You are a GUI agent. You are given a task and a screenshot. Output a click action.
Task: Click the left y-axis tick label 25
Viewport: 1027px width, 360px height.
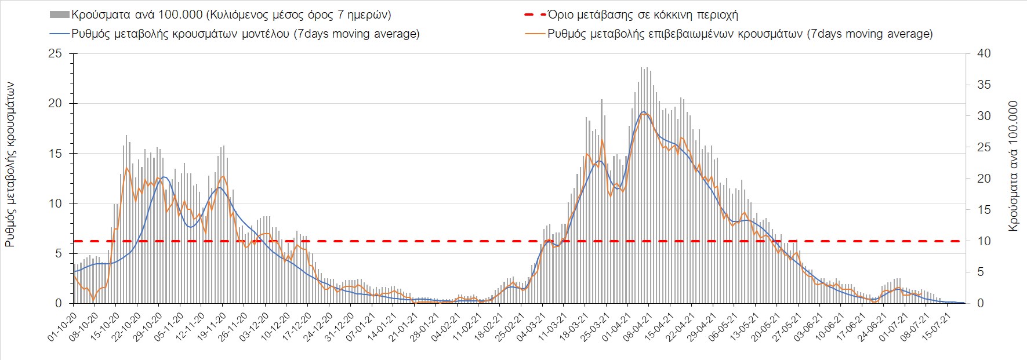click(55, 53)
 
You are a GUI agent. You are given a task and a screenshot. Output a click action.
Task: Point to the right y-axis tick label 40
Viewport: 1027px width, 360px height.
click(984, 53)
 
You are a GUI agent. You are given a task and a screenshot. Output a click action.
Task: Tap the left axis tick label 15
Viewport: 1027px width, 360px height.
click(55, 154)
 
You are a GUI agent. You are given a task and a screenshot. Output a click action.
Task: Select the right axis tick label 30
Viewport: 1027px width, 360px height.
click(984, 116)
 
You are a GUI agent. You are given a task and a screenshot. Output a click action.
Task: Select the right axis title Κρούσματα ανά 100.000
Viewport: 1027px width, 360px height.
click(1013, 166)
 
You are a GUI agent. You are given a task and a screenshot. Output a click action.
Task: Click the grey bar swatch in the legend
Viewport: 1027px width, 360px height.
click(60, 14)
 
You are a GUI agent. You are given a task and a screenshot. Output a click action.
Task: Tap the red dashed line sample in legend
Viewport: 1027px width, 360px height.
click(535, 14)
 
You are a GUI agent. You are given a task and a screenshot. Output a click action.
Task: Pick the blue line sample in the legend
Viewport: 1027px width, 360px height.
click(60, 34)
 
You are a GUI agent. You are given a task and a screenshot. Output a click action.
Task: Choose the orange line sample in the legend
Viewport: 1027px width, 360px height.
click(535, 34)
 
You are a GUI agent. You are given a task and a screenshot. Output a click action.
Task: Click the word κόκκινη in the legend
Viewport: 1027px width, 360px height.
click(672, 14)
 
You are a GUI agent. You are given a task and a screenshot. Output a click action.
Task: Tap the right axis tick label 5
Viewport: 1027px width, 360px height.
click(981, 272)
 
